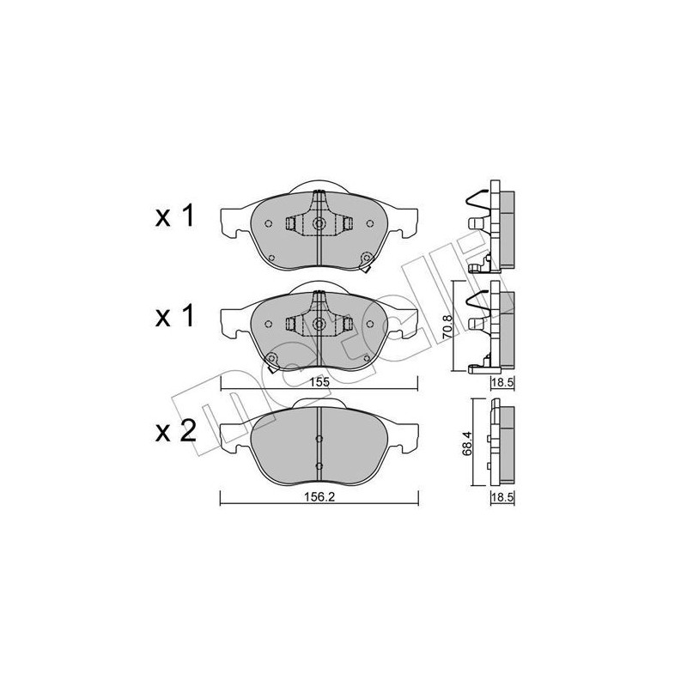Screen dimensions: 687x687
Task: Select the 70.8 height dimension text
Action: coord(445,327)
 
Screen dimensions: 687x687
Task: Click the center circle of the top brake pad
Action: coord(319,224)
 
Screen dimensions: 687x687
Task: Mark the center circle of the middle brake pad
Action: coord(319,325)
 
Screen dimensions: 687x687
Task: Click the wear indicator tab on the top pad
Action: coord(368,258)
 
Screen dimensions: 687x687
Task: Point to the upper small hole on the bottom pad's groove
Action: coord(319,438)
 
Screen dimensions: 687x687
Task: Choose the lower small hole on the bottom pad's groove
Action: coord(319,466)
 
